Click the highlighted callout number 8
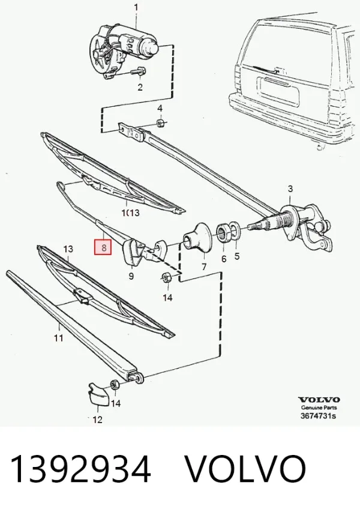(103, 247)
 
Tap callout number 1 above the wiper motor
(136, 7)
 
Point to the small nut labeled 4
(160, 124)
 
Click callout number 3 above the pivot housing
(290, 188)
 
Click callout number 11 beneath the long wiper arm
(58, 338)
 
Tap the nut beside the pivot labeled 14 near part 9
(166, 278)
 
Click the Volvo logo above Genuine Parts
(319, 400)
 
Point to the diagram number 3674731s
(318, 416)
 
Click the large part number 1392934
(80, 469)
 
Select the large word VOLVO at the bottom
(246, 469)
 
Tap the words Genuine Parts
(319, 408)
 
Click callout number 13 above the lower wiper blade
(68, 250)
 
